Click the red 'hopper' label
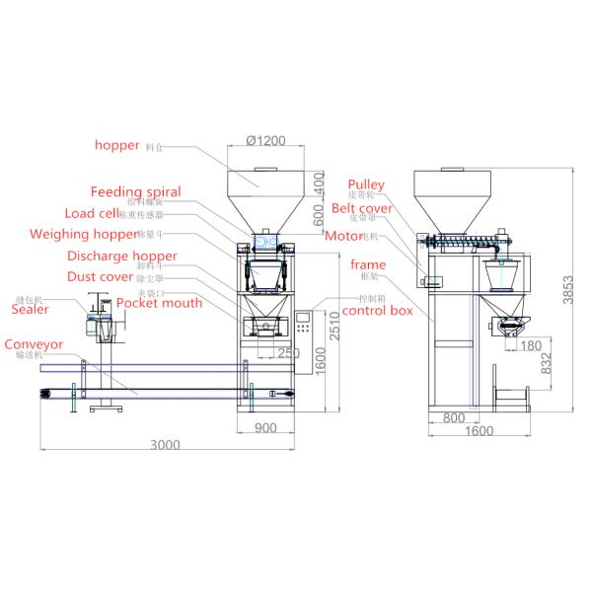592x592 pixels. coord(117,145)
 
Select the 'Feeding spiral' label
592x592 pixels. coord(136,191)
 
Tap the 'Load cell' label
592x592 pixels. coord(92,213)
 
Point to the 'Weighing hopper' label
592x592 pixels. coord(84,235)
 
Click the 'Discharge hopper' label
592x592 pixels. coord(122,257)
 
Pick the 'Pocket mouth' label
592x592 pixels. coord(159,303)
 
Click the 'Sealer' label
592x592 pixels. coord(30,309)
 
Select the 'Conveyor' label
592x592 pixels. coord(34,345)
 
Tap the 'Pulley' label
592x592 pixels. coord(365,185)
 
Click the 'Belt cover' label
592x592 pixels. coord(362,208)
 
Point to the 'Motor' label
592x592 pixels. coord(343,237)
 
